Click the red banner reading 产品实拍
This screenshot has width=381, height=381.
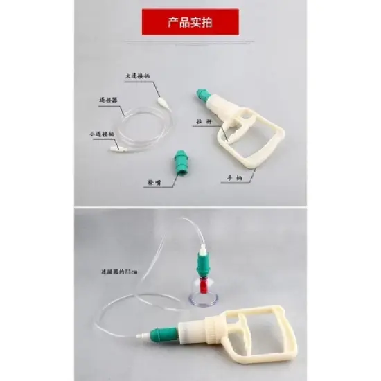(x=190, y=21)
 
